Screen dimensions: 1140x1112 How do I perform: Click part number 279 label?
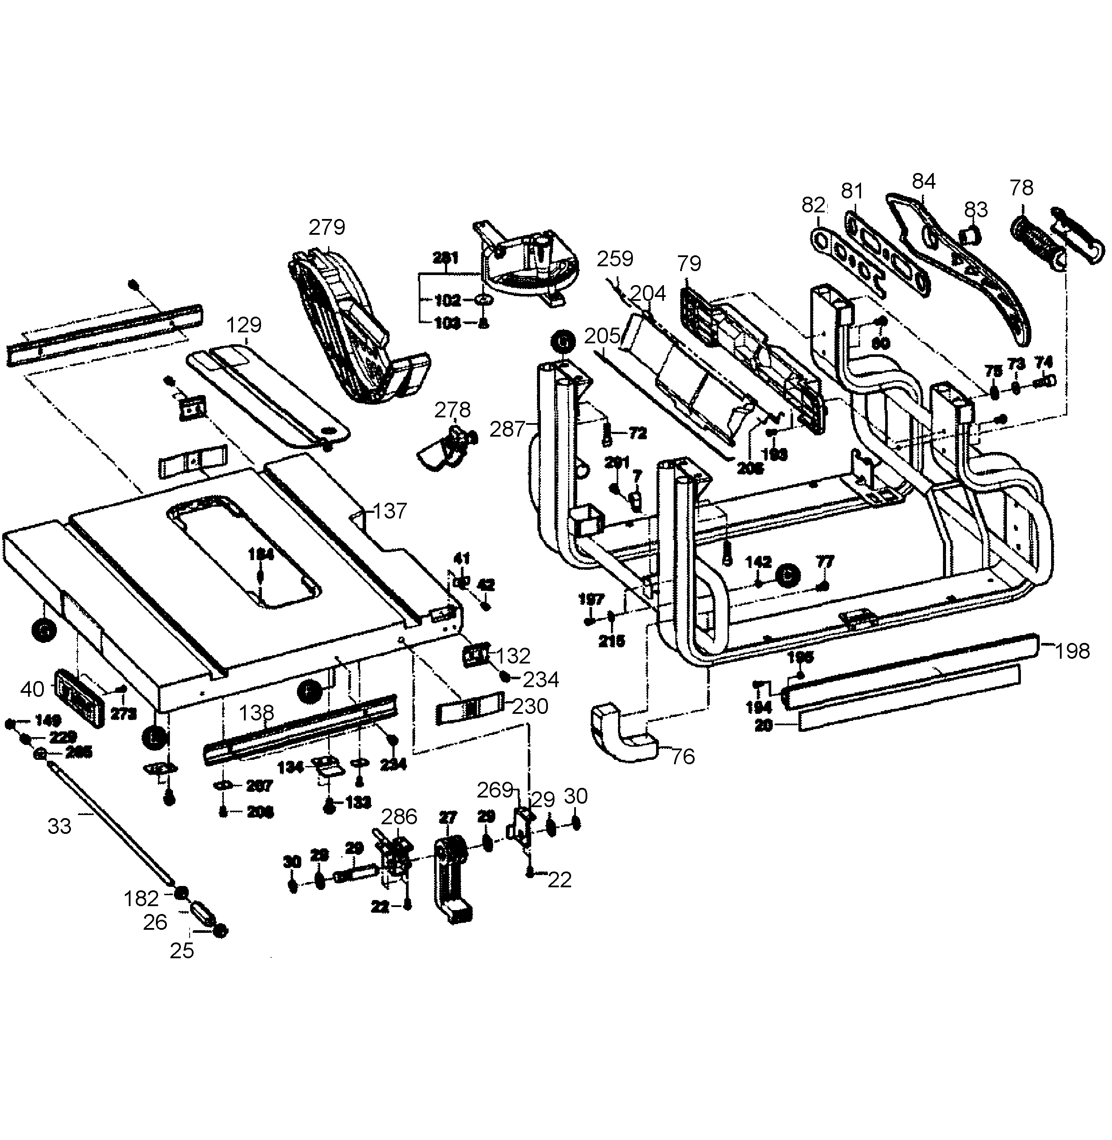point(327,227)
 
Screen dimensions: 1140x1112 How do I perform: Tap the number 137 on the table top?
point(389,511)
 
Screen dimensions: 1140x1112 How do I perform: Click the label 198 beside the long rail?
point(1072,651)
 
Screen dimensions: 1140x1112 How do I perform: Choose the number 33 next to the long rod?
point(59,826)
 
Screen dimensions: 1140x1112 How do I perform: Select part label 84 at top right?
point(924,182)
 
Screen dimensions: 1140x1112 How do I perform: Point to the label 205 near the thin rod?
point(602,336)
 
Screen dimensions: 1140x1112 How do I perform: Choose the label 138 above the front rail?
point(256,713)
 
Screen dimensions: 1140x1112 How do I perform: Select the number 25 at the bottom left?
point(182,951)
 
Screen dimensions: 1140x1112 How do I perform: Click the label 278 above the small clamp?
point(452,410)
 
